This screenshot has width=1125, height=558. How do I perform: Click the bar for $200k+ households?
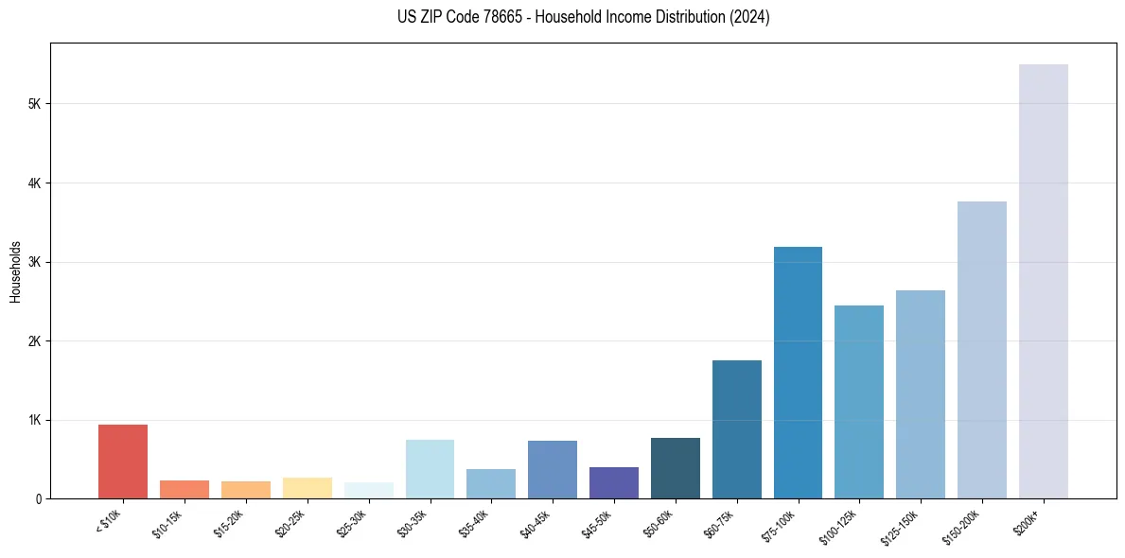tap(1043, 284)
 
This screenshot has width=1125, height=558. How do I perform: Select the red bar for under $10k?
tap(123, 462)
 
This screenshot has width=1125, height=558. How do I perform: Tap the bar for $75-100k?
tap(798, 374)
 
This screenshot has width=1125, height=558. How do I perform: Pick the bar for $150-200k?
tap(981, 350)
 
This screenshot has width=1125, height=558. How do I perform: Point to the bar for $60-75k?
tap(736, 430)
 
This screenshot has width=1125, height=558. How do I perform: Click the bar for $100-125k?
tap(859, 402)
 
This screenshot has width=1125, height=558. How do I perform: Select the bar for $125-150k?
tap(921, 394)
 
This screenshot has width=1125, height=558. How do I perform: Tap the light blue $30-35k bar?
tap(430, 469)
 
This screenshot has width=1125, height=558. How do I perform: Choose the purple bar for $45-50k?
tap(613, 483)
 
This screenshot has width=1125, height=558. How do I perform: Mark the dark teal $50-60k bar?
tap(675, 468)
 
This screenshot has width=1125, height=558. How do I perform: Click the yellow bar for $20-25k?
tap(307, 488)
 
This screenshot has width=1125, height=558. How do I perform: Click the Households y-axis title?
tap(15, 270)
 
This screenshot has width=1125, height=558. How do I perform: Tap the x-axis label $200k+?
tap(1028, 519)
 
